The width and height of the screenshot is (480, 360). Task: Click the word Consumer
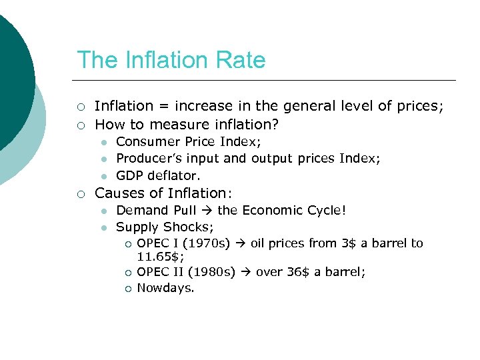pos(140,141)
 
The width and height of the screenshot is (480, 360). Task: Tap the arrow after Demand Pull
pos(207,211)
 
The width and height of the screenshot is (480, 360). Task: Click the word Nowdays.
pos(165,289)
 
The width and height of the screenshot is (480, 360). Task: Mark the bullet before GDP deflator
pos(105,176)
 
